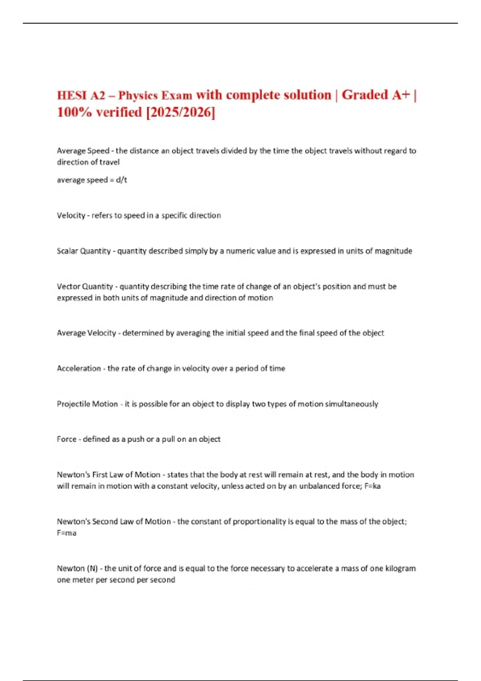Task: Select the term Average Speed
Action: (83, 151)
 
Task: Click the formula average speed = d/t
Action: (92, 180)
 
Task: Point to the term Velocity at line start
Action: (71, 216)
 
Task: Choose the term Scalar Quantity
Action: (83, 251)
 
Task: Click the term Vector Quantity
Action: (85, 286)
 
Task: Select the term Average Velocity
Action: (86, 333)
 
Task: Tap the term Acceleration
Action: (79, 369)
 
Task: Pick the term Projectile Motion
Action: (87, 404)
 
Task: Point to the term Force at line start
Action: (67, 439)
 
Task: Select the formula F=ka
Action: (372, 486)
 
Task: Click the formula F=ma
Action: (67, 533)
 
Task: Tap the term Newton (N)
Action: (77, 568)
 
